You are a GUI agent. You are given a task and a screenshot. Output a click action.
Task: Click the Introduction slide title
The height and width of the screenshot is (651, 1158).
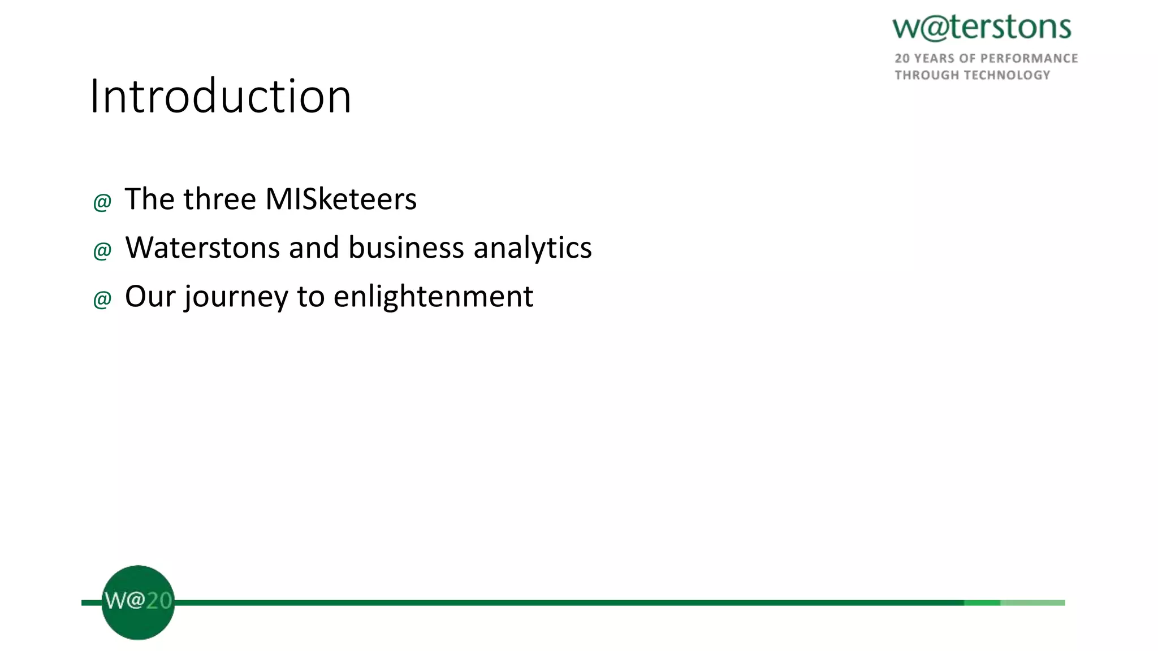[x=221, y=96]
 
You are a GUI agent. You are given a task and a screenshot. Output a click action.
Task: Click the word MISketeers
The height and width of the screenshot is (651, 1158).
[x=341, y=199]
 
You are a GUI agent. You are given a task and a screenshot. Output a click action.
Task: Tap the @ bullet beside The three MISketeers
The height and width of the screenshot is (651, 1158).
[x=102, y=202]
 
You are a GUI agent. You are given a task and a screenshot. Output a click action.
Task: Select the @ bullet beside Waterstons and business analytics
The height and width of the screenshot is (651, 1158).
[x=102, y=250]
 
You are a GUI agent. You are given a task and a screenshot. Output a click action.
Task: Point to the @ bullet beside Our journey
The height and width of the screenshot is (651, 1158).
[x=102, y=299]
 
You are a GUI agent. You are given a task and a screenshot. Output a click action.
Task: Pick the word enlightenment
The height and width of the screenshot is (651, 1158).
[x=433, y=297]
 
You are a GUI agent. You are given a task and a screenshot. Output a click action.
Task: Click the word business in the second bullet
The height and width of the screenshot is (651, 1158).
[x=406, y=248]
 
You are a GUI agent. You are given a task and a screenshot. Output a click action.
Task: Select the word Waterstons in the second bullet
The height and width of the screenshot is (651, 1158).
[x=202, y=248]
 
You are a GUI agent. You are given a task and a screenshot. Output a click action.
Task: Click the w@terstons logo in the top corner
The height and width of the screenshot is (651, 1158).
[x=982, y=28]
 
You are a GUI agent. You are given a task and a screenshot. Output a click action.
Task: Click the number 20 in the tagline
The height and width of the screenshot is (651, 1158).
[x=902, y=59]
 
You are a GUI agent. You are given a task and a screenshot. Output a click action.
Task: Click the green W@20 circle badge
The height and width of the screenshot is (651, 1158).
[x=138, y=602]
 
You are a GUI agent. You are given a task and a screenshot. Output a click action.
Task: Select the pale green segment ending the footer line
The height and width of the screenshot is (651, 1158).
[x=1032, y=603]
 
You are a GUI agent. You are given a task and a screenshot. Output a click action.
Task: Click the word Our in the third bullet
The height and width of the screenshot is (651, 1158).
[x=150, y=297]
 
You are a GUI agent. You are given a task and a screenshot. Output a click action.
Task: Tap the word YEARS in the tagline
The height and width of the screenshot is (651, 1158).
[x=934, y=59]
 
